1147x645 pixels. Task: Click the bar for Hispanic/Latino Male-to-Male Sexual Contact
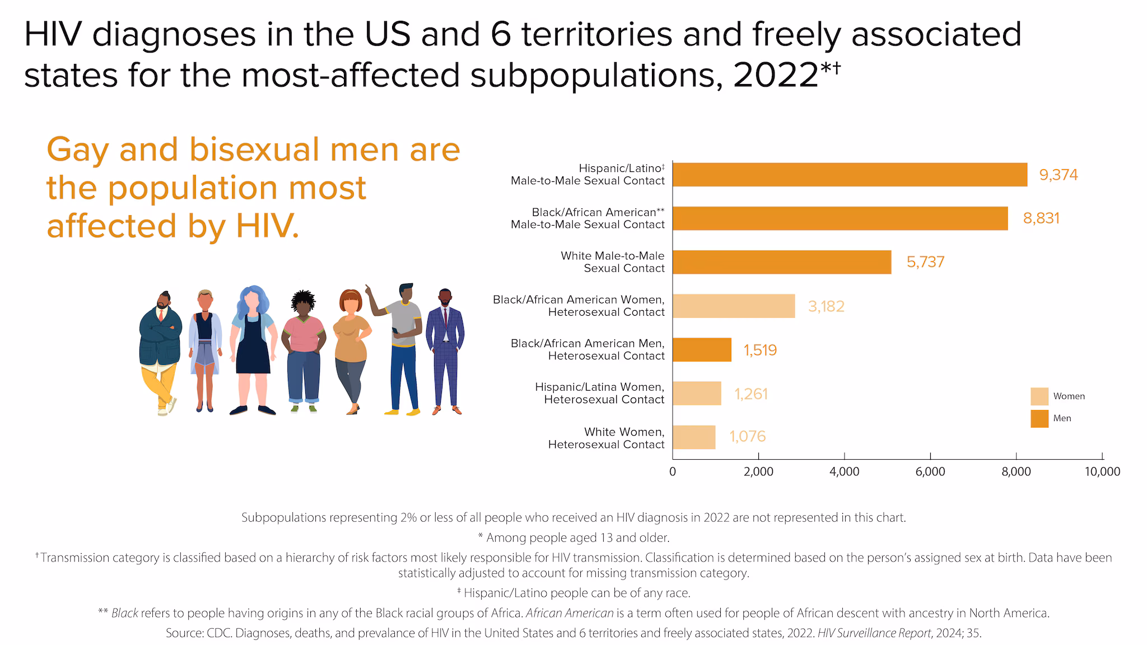pyautogui.click(x=850, y=175)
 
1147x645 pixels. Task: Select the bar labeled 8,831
pyautogui.click(x=840, y=218)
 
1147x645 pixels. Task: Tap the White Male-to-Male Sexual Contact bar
pyautogui.click(x=782, y=262)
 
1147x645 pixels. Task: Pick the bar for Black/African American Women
pyautogui.click(x=734, y=306)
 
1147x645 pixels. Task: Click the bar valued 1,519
pyautogui.click(x=702, y=349)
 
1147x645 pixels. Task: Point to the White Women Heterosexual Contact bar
pyautogui.click(x=694, y=437)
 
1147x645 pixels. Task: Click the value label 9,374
pyautogui.click(x=1058, y=175)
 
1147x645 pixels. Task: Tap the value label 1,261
pyautogui.click(x=751, y=394)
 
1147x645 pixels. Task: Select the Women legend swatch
pyautogui.click(x=1039, y=396)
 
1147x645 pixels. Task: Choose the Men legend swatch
pyautogui.click(x=1039, y=419)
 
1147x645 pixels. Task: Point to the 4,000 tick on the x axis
pyautogui.click(x=844, y=472)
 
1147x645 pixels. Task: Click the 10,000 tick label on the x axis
pyautogui.click(x=1102, y=472)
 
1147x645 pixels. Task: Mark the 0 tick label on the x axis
pyautogui.click(x=673, y=472)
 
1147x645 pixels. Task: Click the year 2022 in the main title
pyautogui.click(x=776, y=75)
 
